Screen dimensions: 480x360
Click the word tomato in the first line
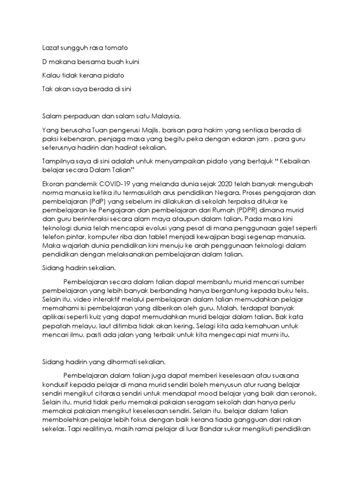(117, 48)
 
